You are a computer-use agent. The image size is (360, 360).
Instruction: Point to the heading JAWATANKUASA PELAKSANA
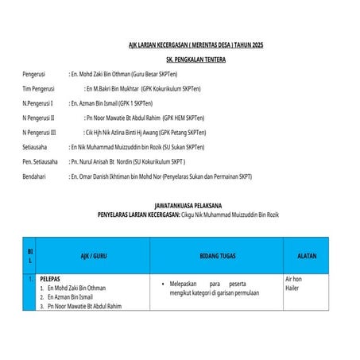point(194,206)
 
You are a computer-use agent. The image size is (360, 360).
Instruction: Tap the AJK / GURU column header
point(93,256)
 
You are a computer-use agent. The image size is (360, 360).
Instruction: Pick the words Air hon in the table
point(294,280)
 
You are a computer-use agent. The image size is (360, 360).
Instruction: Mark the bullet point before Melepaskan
point(161,284)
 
